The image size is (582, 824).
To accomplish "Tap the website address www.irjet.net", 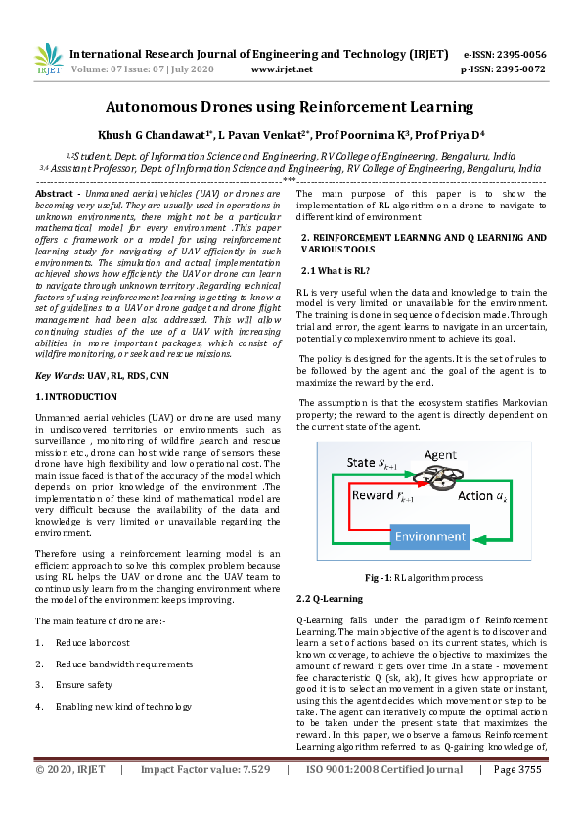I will click(x=282, y=69).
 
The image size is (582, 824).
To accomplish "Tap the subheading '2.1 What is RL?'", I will click(x=335, y=269).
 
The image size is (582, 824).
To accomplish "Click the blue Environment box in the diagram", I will click(x=431, y=537).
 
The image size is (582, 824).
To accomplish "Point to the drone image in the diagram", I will click(x=408, y=477).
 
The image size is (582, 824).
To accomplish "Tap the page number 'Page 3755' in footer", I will click(x=517, y=798).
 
